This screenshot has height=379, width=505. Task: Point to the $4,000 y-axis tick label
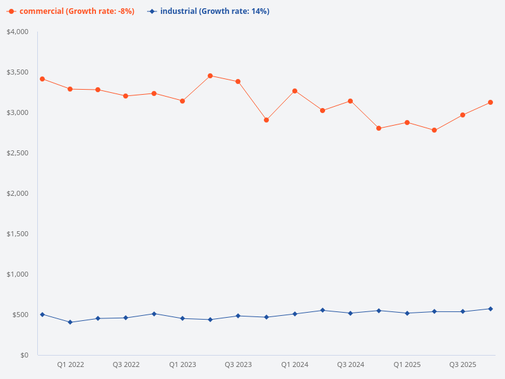[18, 32]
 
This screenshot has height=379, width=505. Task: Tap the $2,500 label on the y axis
[18, 153]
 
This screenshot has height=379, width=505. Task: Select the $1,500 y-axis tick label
[18, 234]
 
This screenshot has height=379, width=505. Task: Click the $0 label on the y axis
[23, 355]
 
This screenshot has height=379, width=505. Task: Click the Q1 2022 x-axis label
[70, 364]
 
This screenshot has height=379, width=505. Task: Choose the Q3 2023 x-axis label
[238, 364]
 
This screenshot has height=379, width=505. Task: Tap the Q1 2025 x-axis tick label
[407, 364]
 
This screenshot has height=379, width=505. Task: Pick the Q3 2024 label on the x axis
[350, 364]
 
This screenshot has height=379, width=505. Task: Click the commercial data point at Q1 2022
[70, 89]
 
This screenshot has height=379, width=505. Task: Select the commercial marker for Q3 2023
[238, 81]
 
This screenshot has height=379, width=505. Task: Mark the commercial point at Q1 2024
[294, 91]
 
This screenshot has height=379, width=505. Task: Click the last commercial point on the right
[490, 102]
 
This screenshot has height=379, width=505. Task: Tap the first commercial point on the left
[42, 79]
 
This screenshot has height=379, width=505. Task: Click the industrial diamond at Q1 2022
[70, 322]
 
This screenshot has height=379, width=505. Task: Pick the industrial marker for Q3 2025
[463, 311]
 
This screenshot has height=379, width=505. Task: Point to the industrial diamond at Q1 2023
[182, 318]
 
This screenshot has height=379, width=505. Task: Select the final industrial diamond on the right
[490, 309]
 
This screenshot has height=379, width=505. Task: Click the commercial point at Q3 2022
[126, 96]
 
